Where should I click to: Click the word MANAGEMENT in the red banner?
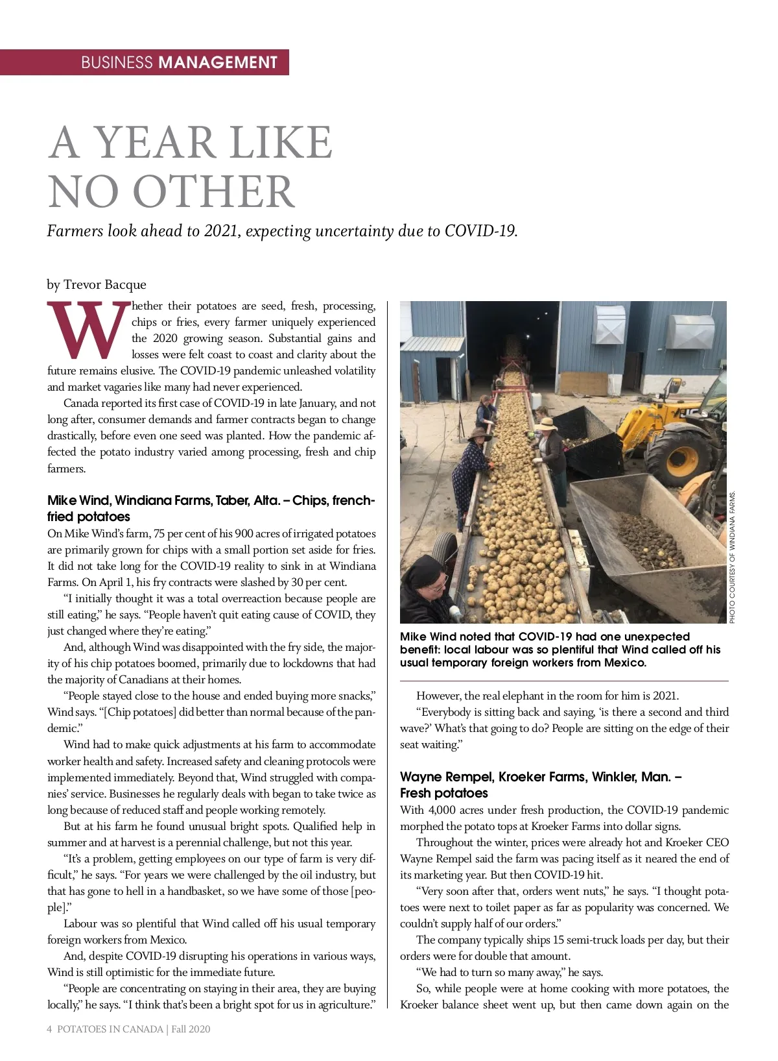(218, 62)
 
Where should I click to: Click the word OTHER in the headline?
(214, 191)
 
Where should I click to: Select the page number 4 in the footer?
(50, 1029)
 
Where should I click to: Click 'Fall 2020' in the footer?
(191, 1029)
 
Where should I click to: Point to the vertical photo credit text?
(733, 558)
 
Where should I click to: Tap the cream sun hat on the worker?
(546, 424)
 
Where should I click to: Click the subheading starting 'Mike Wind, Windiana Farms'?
(211, 509)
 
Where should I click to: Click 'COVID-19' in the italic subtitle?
(480, 231)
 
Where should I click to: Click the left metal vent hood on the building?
(608, 323)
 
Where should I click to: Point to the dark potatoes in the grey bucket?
(648, 539)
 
